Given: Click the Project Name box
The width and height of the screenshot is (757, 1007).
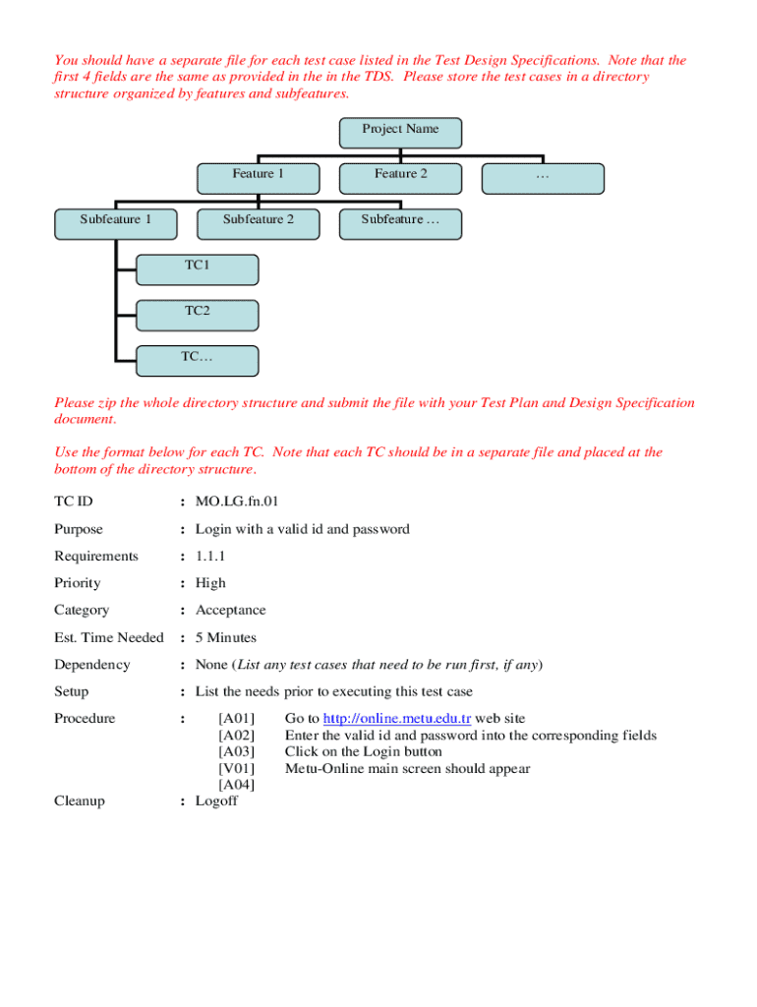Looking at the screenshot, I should [400, 132].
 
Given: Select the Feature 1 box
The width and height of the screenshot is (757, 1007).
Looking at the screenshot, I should [258, 177].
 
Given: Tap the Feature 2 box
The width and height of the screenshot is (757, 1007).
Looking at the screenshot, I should [400, 177].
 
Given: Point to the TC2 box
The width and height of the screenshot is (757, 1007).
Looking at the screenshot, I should [198, 314].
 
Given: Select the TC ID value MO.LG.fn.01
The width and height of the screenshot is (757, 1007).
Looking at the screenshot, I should [230, 503].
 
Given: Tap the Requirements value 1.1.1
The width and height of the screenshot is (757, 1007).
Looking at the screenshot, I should [211, 557].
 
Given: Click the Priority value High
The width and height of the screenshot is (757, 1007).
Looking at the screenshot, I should [210, 583].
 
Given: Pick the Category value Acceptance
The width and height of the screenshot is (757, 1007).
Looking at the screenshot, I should [230, 611].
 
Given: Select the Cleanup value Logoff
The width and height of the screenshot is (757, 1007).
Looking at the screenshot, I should [216, 801].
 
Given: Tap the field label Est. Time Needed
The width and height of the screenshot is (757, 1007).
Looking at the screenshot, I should [108, 638].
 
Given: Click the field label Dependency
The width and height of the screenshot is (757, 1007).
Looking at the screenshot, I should [91, 665].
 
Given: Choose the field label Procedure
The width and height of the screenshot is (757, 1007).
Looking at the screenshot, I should [85, 719].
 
